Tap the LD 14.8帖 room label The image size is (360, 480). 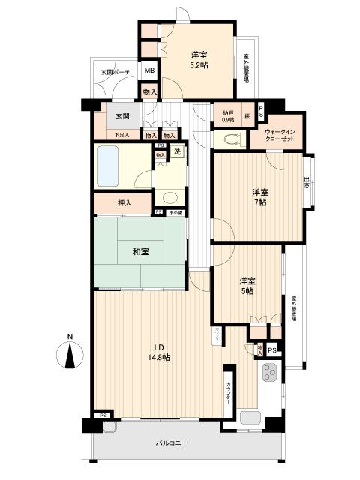coord(160,352)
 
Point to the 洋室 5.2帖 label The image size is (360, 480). coord(199,60)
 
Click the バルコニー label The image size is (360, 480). coord(172,442)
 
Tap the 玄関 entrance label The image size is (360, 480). coord(122,116)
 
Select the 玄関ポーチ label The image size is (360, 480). coord(115,73)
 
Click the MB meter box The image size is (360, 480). coord(149,71)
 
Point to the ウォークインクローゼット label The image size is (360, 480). coord(283,135)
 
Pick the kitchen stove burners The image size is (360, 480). coord(269,371)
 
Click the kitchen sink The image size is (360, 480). coord(250,417)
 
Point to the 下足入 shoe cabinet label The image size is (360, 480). coord(121,135)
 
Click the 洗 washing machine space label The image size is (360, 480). coord(177,151)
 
